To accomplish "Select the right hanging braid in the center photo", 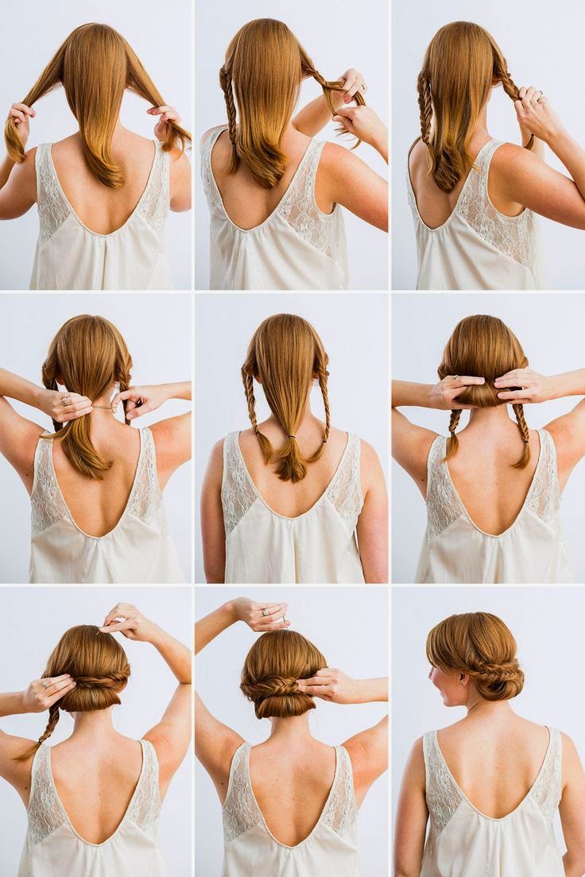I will click(324, 417).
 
